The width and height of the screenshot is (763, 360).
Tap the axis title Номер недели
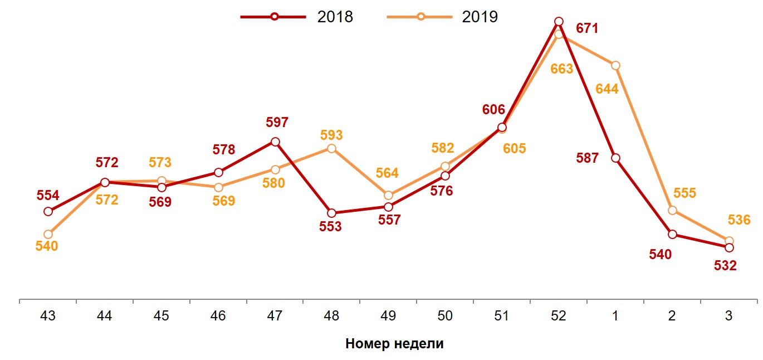pos(394,343)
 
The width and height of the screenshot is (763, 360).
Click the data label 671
pos(587,28)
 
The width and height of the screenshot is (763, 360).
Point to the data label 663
pos(561,69)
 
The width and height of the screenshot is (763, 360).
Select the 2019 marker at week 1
pos(615,66)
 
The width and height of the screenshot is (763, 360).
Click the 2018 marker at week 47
pos(275,142)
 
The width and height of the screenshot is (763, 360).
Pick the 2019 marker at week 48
pos(331,149)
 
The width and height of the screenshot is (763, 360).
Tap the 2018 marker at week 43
pos(48,211)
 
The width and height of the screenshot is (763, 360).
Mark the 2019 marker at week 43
pos(48,235)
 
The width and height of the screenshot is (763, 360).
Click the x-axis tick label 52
pos(558,316)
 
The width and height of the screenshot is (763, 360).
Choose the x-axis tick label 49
pos(388,316)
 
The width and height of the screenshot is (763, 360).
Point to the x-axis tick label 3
pos(728,316)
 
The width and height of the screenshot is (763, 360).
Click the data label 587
pos(588,158)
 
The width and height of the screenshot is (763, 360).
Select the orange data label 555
pos(684,193)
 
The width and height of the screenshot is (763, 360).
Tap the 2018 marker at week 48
pos(331,213)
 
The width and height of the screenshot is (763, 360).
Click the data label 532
pos(725,266)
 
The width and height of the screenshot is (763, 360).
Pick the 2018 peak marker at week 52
pos(559,22)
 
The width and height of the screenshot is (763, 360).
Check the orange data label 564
pos(387,173)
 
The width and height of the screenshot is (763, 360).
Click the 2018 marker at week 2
pos(672,235)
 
